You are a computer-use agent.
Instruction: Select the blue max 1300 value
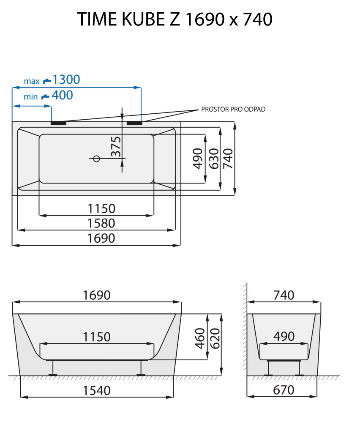pyautogui.click(x=66, y=79)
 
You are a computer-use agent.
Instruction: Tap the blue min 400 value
pyautogui.click(x=62, y=96)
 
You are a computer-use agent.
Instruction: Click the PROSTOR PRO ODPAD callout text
pyautogui.click(x=233, y=109)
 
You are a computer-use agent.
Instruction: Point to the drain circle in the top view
pyautogui.click(x=96, y=159)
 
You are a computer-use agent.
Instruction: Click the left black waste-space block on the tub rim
pyautogui.click(x=59, y=123)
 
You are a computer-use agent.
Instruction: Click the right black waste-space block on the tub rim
pyautogui.click(x=134, y=123)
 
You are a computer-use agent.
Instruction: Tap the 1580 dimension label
pyautogui.click(x=101, y=223)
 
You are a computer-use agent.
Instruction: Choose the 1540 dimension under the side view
pyautogui.click(x=97, y=390)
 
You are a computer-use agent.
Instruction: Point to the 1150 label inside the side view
pyautogui.click(x=97, y=337)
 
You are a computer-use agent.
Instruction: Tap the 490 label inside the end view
pyautogui.click(x=284, y=337)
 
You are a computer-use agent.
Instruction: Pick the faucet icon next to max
pyautogui.click(x=46, y=80)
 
